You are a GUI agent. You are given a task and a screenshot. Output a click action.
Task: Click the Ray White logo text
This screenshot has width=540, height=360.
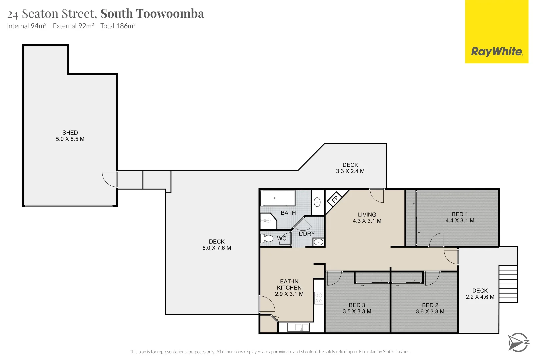point(497,52)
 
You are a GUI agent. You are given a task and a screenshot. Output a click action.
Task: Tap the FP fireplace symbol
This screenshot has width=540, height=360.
point(335,199)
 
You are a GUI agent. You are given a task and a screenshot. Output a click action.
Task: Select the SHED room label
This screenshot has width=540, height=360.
point(70,133)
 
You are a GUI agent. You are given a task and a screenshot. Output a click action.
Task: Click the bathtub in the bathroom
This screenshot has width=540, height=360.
point(278,198)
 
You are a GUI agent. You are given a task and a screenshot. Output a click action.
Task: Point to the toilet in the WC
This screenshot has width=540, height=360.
point(267,239)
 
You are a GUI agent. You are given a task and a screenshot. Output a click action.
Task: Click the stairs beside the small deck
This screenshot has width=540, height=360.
point(508,284)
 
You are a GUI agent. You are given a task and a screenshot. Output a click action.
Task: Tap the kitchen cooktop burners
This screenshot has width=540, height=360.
point(319,298)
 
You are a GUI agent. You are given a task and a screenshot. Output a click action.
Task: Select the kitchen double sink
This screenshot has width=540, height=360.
point(298,327)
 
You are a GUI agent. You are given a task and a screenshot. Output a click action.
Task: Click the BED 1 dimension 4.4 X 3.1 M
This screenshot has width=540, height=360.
point(460,221)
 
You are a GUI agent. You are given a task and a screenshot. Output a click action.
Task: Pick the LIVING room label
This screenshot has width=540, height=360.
point(367,215)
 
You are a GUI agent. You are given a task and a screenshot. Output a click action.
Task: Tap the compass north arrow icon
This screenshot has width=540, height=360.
point(518,342)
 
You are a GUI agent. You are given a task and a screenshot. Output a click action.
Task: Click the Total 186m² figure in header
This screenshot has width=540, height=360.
point(118,26)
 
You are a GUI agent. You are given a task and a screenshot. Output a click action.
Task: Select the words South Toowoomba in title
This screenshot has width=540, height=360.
point(152,14)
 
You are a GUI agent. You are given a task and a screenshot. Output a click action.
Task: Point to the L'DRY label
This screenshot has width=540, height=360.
point(306,234)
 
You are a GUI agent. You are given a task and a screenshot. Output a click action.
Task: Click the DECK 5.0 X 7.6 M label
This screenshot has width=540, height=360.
point(217,245)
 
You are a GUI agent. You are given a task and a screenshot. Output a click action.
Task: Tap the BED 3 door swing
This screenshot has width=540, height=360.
point(334,279)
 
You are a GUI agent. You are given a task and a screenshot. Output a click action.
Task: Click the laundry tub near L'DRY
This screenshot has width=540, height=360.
point(318,242)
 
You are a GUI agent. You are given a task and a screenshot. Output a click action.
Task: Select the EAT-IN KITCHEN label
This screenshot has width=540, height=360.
point(289,285)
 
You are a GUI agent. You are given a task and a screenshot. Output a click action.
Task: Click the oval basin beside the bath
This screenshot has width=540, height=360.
point(317,202)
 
